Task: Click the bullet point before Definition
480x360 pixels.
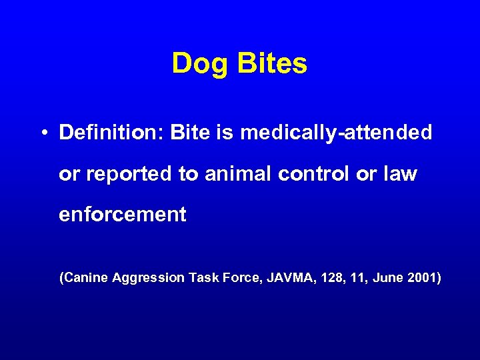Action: [x=43, y=133]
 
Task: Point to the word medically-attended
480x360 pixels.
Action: [x=336, y=133]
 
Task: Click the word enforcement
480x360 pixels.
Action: [x=123, y=215]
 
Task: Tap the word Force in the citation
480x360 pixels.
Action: [x=241, y=277]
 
